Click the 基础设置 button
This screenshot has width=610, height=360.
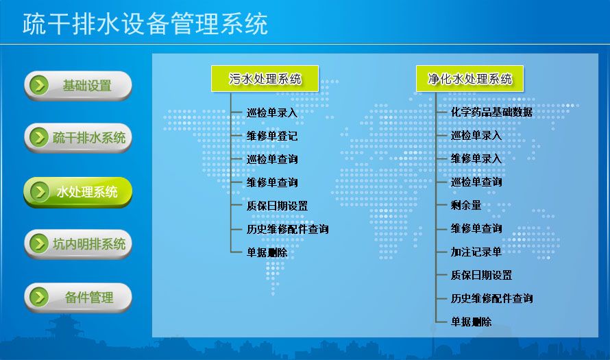pyautogui.click(x=78, y=86)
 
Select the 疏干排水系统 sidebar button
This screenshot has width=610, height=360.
pyautogui.click(x=78, y=137)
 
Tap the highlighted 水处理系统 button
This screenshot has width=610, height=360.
pyautogui.click(x=78, y=192)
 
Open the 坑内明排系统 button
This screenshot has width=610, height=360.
pyautogui.click(x=78, y=244)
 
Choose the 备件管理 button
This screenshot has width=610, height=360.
pyautogui.click(x=78, y=298)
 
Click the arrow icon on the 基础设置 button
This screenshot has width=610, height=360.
pyautogui.click(x=39, y=85)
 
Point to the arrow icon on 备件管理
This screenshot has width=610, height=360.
pyautogui.click(x=39, y=298)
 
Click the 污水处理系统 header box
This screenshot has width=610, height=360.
pyautogui.click(x=265, y=79)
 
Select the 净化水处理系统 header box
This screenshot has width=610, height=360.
pyautogui.click(x=469, y=79)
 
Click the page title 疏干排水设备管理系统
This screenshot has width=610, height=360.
pyautogui.click(x=145, y=24)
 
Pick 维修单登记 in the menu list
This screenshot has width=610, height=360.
pyautogui.click(x=272, y=136)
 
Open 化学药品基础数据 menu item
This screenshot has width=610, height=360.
pyautogui.click(x=491, y=112)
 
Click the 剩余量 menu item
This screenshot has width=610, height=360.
pyautogui.click(x=465, y=205)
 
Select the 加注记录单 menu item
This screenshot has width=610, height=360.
pyautogui.click(x=476, y=252)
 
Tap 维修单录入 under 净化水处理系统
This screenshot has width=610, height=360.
pyautogui.click(x=476, y=158)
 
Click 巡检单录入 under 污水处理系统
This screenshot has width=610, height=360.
pyautogui.click(x=272, y=113)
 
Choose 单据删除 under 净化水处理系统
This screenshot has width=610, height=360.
pyautogui.click(x=471, y=322)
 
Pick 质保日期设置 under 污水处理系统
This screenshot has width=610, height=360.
pyautogui.click(x=277, y=206)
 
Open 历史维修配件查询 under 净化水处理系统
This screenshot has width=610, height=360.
pyautogui.click(x=491, y=298)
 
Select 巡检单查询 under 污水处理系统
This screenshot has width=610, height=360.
pyautogui.click(x=272, y=159)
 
